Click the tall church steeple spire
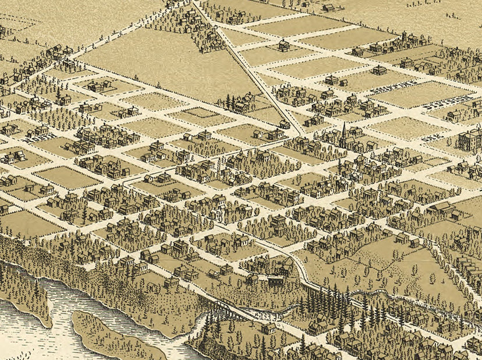pyautogui.click(x=343, y=129)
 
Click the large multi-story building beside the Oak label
pyautogui.click(x=469, y=140)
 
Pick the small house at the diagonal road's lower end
pyautogui.click(x=285, y=124)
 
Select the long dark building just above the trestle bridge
pyautogui.click(x=275, y=281)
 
